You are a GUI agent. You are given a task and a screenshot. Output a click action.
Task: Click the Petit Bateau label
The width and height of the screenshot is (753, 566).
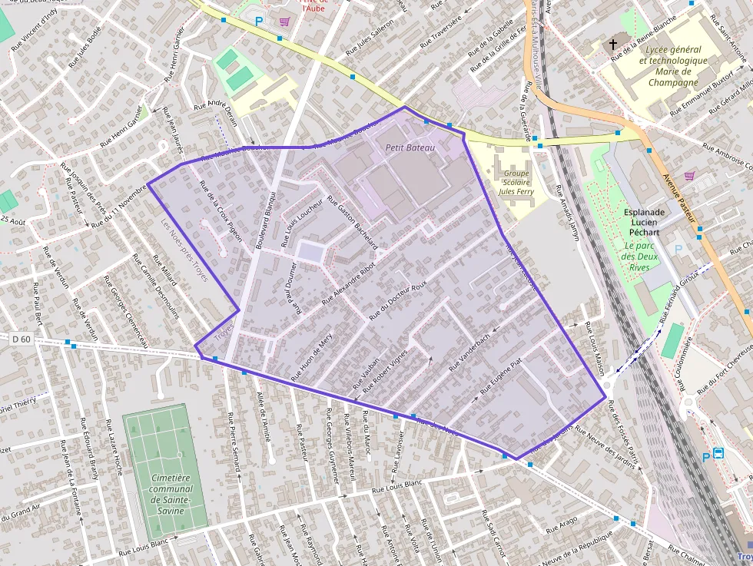click(410, 147)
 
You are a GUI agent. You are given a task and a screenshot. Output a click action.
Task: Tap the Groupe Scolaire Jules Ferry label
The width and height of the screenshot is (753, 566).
click(516, 184)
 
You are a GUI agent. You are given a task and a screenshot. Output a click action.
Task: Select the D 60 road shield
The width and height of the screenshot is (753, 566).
click(22, 338)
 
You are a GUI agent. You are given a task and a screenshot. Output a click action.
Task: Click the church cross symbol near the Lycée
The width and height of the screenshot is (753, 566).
click(613, 45)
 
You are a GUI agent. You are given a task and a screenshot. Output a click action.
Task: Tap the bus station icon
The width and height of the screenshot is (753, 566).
click(718, 453)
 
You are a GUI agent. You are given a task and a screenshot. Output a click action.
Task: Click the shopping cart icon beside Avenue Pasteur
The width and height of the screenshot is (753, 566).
click(688, 176)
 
